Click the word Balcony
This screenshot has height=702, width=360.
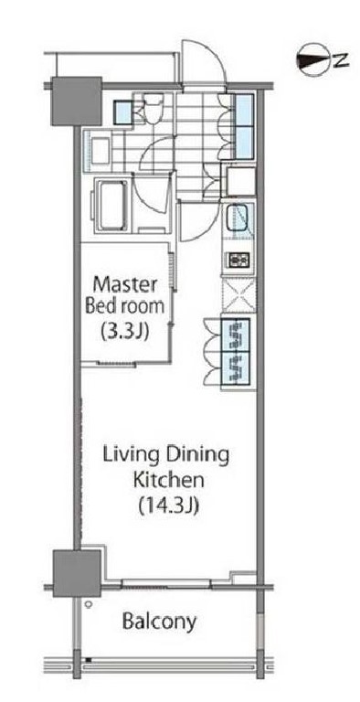coord(159,622)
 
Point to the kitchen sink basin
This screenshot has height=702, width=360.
coord(239,218)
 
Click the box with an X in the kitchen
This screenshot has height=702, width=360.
coord(239,295)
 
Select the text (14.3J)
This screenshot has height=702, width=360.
coord(168,506)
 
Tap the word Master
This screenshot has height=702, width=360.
coord(124,285)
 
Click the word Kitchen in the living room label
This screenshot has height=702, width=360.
coord(169,481)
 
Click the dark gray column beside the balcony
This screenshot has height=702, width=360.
coord(77,573)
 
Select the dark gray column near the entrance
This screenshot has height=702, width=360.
coord(76,101)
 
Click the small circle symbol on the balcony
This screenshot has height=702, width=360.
coord(89,604)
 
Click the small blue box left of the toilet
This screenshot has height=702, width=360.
coord(122,112)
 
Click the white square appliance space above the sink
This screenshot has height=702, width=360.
coord(240,181)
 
